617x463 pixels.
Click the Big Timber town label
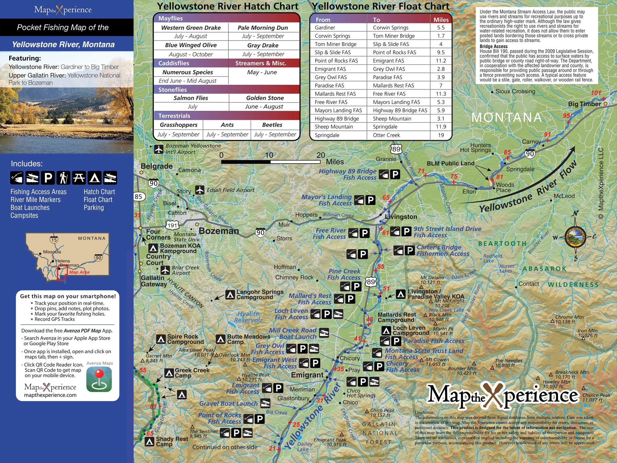coord(584,104)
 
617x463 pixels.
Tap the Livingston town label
coord(401,217)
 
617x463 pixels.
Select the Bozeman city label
coord(219,231)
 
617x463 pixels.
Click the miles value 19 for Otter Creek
coord(441,135)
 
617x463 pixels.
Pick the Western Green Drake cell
coord(191,28)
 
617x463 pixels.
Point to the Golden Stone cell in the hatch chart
coord(265,98)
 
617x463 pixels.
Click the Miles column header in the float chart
coord(441,20)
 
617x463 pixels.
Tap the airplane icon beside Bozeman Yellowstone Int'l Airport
coord(159,149)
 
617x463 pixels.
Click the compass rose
coord(575,237)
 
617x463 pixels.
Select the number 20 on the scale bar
coord(321,155)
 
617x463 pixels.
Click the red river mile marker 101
coord(596,93)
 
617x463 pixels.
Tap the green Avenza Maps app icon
coord(99,380)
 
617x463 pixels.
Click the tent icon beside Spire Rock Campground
coord(161,340)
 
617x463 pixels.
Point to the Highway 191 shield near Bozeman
coord(172,225)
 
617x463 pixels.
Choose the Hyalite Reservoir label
coord(248,317)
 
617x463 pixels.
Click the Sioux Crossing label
coord(515,91)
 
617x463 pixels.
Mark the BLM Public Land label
coord(450,163)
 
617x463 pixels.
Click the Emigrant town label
coord(307,375)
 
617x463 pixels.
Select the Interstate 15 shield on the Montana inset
coord(54,240)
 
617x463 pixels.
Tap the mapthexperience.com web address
coord(50,395)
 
